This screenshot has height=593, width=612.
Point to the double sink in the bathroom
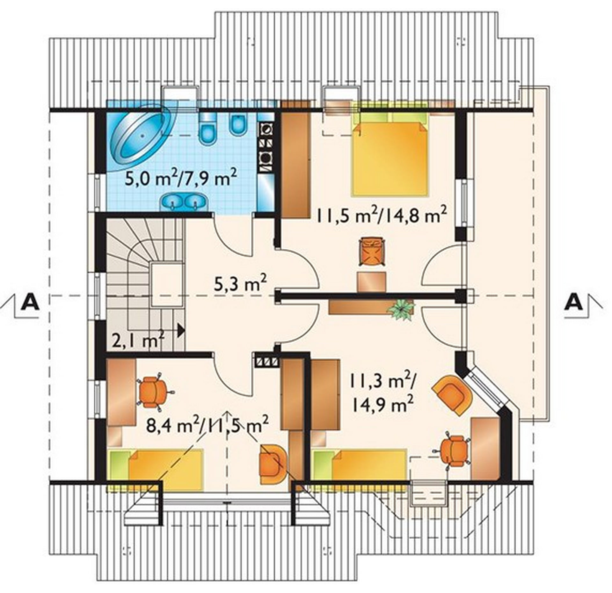point(183,201)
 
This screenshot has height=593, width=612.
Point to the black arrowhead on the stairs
point(181,330)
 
